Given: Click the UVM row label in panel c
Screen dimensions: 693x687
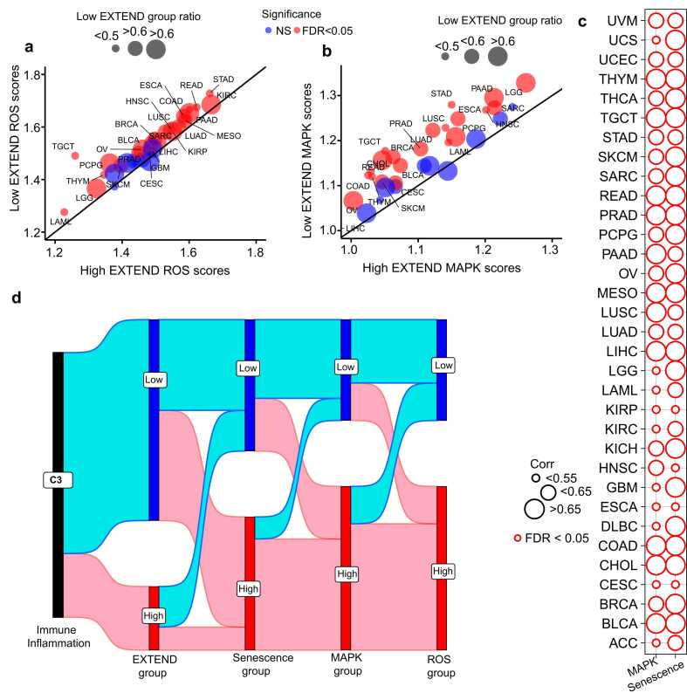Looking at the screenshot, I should pyautogui.click(x=623, y=20).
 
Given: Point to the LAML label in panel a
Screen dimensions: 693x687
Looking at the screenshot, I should pyautogui.click(x=60, y=222).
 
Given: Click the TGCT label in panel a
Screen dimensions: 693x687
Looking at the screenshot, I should pyautogui.click(x=62, y=145).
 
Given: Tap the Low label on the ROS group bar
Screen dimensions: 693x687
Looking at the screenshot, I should pyautogui.click(x=443, y=364).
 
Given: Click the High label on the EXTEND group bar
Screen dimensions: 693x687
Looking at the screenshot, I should pyautogui.click(x=154, y=616).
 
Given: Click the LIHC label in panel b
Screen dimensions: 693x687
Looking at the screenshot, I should pyautogui.click(x=355, y=228).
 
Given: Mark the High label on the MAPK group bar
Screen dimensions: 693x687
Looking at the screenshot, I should pyautogui.click(x=347, y=573).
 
